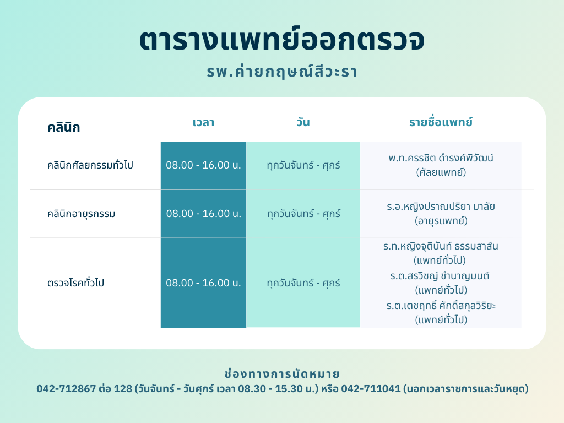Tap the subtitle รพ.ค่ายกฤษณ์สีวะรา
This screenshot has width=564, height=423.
pyautogui.click(x=282, y=71)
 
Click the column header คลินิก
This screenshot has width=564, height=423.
pyautogui.click(x=64, y=127)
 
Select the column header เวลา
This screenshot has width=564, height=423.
pyautogui.click(x=204, y=122)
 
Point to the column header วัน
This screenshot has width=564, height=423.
pyautogui.click(x=303, y=122)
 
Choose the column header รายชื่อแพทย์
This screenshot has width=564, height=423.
pyautogui.click(x=441, y=122)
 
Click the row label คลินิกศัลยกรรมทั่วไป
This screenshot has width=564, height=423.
pyautogui.click(x=90, y=165)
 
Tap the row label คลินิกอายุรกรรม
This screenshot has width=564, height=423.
pyautogui.click(x=82, y=214)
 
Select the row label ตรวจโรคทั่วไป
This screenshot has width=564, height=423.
pyautogui.click(x=75, y=283)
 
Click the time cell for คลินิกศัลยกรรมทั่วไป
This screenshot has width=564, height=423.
pyautogui.click(x=204, y=165)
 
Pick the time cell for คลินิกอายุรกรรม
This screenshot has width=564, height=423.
pyautogui.click(x=204, y=214)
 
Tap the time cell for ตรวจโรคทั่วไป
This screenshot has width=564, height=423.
pyautogui.click(x=204, y=283)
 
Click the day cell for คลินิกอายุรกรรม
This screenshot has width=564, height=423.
pyautogui.click(x=303, y=214)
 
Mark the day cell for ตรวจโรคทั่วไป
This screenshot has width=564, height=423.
pyautogui.click(x=303, y=283)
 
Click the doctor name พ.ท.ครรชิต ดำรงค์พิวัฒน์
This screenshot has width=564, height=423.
pyautogui.click(x=441, y=158)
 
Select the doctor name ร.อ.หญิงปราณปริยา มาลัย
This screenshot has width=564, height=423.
pyautogui.click(x=441, y=207)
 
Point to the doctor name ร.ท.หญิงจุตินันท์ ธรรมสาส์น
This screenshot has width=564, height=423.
pyautogui.click(x=441, y=246)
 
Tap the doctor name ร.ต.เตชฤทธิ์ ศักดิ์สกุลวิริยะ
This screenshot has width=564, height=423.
pyautogui.click(x=441, y=306)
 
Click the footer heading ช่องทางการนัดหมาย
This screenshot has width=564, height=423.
pyautogui.click(x=282, y=374)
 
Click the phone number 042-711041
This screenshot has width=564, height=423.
pyautogui.click(x=371, y=389)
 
